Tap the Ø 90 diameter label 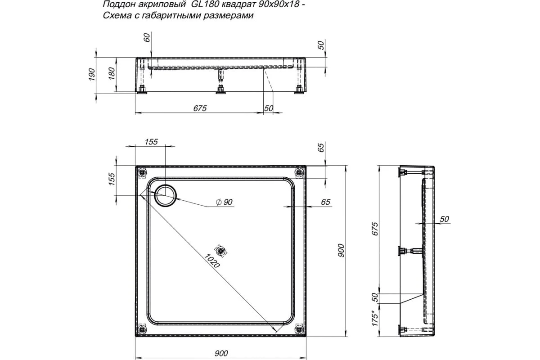point(224,202)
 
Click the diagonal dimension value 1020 point(211,261)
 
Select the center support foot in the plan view point(220,250)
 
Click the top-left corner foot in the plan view point(142,172)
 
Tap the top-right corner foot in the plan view point(298,172)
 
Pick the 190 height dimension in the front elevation point(91,74)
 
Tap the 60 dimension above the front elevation point(147,38)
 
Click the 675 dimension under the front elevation point(199,108)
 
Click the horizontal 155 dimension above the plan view point(151,142)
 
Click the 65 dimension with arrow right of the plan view point(325,202)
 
